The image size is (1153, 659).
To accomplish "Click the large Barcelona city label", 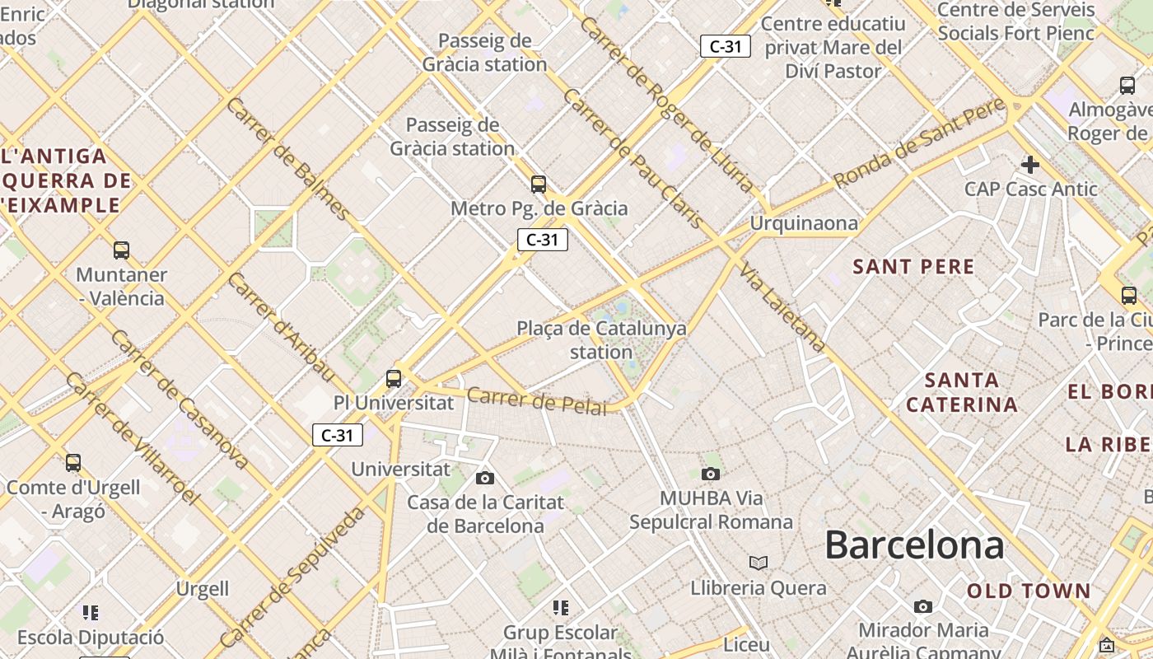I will [x=914, y=544].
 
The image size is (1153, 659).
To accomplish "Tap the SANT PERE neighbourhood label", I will [x=913, y=266].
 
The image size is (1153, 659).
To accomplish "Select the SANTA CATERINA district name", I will [x=962, y=392].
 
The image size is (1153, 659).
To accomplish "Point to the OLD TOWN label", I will [x=1029, y=591].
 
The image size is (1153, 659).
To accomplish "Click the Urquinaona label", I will [x=803, y=223].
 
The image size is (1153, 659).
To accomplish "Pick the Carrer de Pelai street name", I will [x=536, y=401].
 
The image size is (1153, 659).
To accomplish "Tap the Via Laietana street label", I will [x=782, y=306].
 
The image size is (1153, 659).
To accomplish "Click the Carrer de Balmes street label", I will [x=287, y=158].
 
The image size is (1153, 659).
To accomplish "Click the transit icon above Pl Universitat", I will [x=394, y=379].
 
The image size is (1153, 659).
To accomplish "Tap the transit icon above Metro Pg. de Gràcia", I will [x=539, y=185].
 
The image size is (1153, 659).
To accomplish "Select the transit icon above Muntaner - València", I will [x=121, y=250].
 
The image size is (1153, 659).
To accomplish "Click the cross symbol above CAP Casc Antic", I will [x=1030, y=165].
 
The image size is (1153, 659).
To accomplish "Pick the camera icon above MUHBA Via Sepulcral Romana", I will [x=711, y=474].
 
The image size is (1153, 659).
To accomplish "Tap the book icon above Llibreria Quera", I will [x=759, y=563].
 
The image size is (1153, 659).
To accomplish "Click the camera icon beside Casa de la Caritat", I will [x=485, y=478].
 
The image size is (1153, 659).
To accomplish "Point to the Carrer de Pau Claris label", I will [x=632, y=158].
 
